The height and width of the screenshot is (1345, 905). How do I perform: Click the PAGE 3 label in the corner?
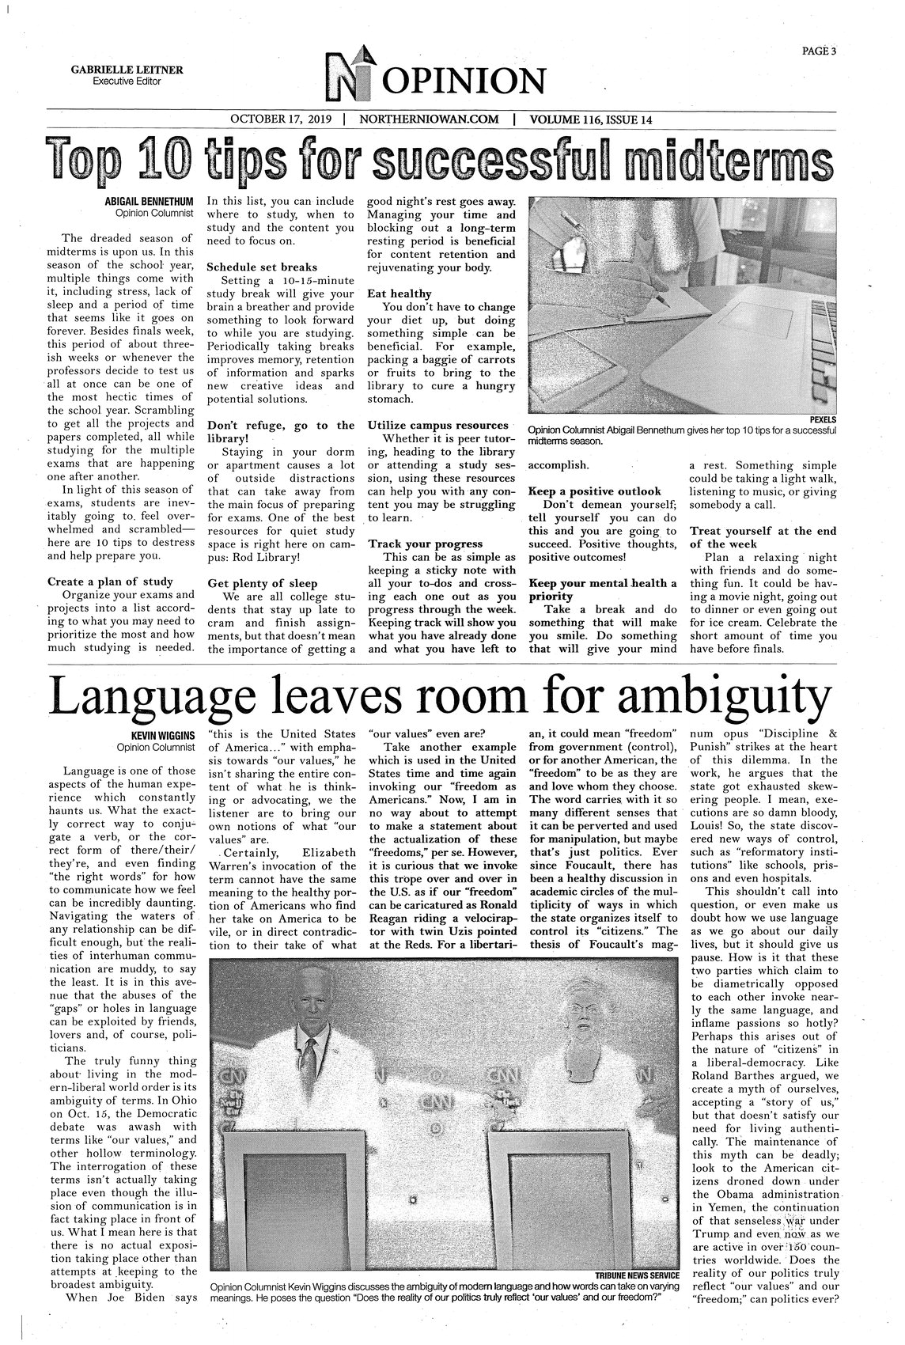tap(819, 52)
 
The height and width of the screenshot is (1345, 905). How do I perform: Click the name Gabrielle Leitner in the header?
tap(127, 70)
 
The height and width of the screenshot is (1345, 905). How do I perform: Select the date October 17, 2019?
tap(282, 119)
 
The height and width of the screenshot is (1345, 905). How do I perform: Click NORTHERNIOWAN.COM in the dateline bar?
tap(429, 119)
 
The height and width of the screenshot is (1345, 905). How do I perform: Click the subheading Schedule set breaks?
tap(261, 267)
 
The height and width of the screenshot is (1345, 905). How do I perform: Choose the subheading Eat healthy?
tap(399, 293)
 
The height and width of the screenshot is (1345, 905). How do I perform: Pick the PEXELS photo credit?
tap(820, 419)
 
